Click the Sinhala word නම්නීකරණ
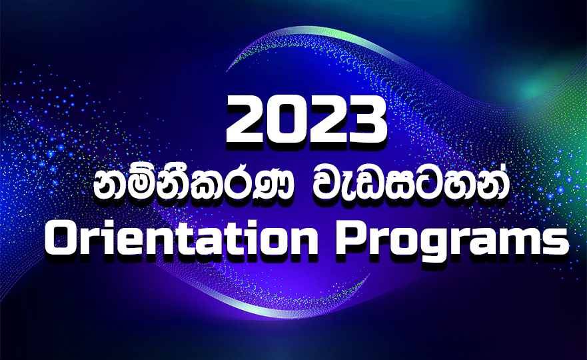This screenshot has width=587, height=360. tap(184, 188)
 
